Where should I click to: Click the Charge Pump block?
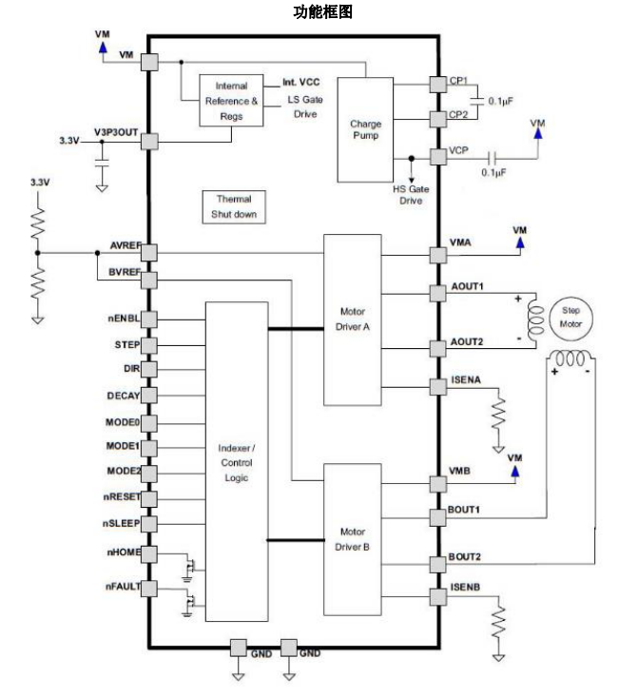coord(365,128)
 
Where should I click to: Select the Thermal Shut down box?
coord(234,207)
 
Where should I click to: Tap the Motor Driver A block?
coord(352,319)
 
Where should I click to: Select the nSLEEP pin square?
coord(149,523)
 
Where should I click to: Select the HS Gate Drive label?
coord(412,194)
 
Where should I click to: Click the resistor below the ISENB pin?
coord(498,624)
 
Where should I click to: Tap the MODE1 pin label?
coord(123,445)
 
